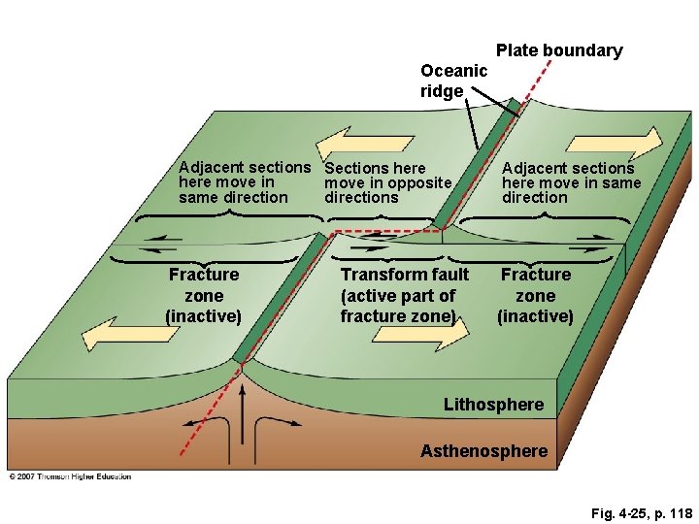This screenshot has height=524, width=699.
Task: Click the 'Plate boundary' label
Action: click(x=559, y=50)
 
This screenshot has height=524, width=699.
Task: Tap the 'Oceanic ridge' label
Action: click(x=452, y=81)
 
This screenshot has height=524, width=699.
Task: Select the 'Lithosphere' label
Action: click(x=493, y=404)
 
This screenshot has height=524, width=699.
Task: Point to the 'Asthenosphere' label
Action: click(x=483, y=450)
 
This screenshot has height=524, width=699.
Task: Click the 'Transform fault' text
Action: click(x=404, y=276)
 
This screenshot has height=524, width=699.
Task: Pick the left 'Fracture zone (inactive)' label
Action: click(x=203, y=295)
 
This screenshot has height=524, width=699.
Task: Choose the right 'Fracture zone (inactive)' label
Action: click(x=535, y=295)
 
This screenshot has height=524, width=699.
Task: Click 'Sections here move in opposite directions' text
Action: click(x=388, y=182)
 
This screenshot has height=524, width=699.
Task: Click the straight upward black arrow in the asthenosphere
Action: click(x=242, y=417)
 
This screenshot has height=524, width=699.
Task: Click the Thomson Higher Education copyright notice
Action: click(x=70, y=476)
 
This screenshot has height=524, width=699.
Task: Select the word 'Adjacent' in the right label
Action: click(x=535, y=168)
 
